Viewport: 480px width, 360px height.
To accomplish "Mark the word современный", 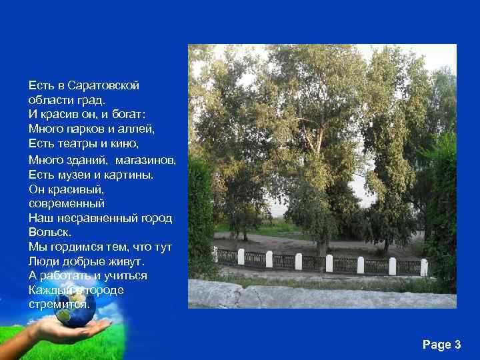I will tap(67, 203).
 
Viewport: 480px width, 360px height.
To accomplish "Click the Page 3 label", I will tap(441, 345).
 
